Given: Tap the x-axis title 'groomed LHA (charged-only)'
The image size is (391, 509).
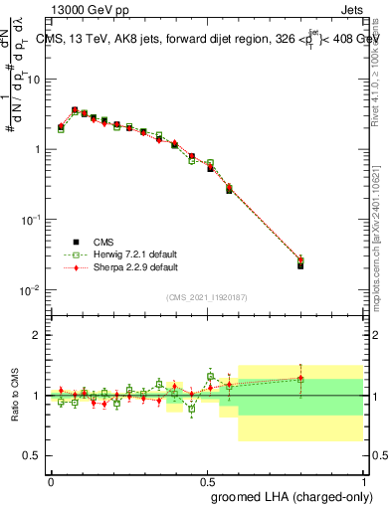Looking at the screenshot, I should (294, 497).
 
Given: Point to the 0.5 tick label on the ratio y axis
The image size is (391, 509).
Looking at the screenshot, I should (32, 455).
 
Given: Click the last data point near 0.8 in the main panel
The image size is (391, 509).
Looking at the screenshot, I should (300, 264).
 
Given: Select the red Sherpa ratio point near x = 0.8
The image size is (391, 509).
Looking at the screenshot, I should (300, 378).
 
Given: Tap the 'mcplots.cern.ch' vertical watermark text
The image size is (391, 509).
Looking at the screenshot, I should (382, 249).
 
